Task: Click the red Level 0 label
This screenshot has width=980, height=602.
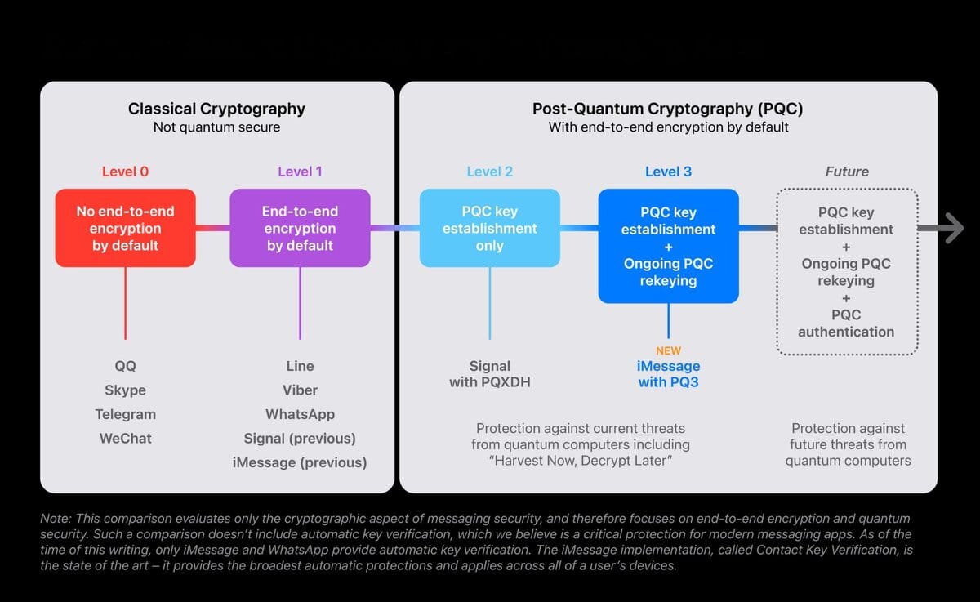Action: [125, 172]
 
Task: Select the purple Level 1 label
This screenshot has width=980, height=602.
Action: [300, 172]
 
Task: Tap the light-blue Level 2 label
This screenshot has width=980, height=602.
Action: [490, 172]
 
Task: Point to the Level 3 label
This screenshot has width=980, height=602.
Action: [668, 172]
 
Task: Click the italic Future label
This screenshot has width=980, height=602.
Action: [847, 172]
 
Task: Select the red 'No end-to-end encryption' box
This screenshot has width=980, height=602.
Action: [125, 228]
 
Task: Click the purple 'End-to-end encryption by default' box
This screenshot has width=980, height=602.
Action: [300, 228]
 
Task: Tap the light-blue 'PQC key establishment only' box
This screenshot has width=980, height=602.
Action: [490, 228]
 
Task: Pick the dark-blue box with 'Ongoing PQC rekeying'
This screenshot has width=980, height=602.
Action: [668, 246]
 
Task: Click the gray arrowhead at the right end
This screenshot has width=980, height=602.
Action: [951, 228]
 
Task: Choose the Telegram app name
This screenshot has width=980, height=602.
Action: [125, 414]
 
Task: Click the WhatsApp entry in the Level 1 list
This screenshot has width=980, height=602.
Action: [300, 414]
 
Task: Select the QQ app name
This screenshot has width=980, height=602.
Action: [125, 366]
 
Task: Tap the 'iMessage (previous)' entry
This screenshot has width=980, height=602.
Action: [300, 462]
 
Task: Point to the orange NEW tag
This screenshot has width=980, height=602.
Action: [668, 350]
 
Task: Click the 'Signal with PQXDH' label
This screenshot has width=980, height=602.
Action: [490, 373]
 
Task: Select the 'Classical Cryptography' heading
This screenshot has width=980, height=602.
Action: [216, 109]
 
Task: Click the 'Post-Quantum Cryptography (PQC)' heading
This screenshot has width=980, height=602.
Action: [668, 109]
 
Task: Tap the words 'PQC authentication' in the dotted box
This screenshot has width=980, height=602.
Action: [846, 323]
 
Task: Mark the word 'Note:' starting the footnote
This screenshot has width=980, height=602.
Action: [55, 519]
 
